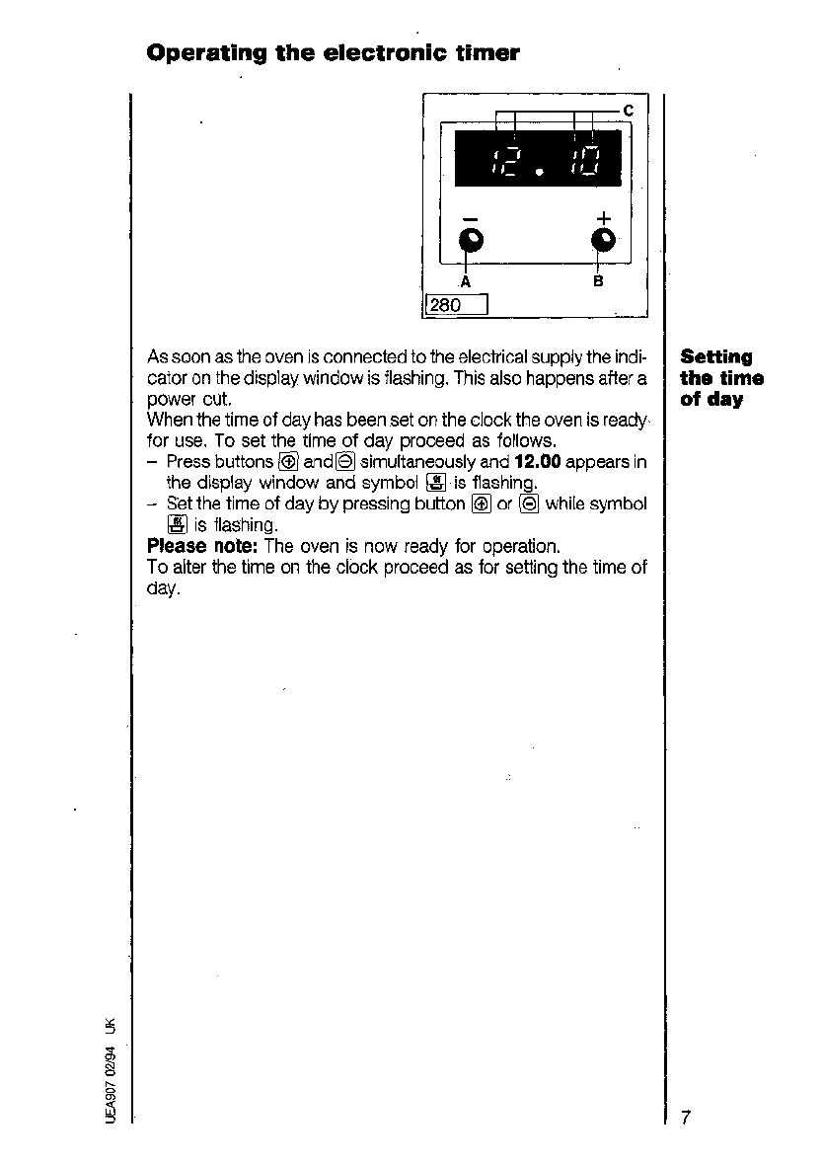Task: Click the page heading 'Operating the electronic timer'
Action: (x=333, y=52)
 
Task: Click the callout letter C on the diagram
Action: (x=628, y=109)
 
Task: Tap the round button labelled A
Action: (x=473, y=239)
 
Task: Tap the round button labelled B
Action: (x=602, y=239)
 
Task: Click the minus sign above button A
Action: (x=471, y=218)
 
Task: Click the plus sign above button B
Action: (x=603, y=217)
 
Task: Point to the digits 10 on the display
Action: (x=582, y=161)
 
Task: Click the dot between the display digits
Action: (x=539, y=175)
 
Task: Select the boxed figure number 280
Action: (x=446, y=305)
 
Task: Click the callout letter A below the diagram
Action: (x=466, y=281)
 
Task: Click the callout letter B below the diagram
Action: (x=598, y=281)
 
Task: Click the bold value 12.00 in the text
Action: (x=538, y=461)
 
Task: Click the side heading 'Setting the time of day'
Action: (x=721, y=378)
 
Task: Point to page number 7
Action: (x=685, y=1117)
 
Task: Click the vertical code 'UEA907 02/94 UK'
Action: (x=111, y=1070)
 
